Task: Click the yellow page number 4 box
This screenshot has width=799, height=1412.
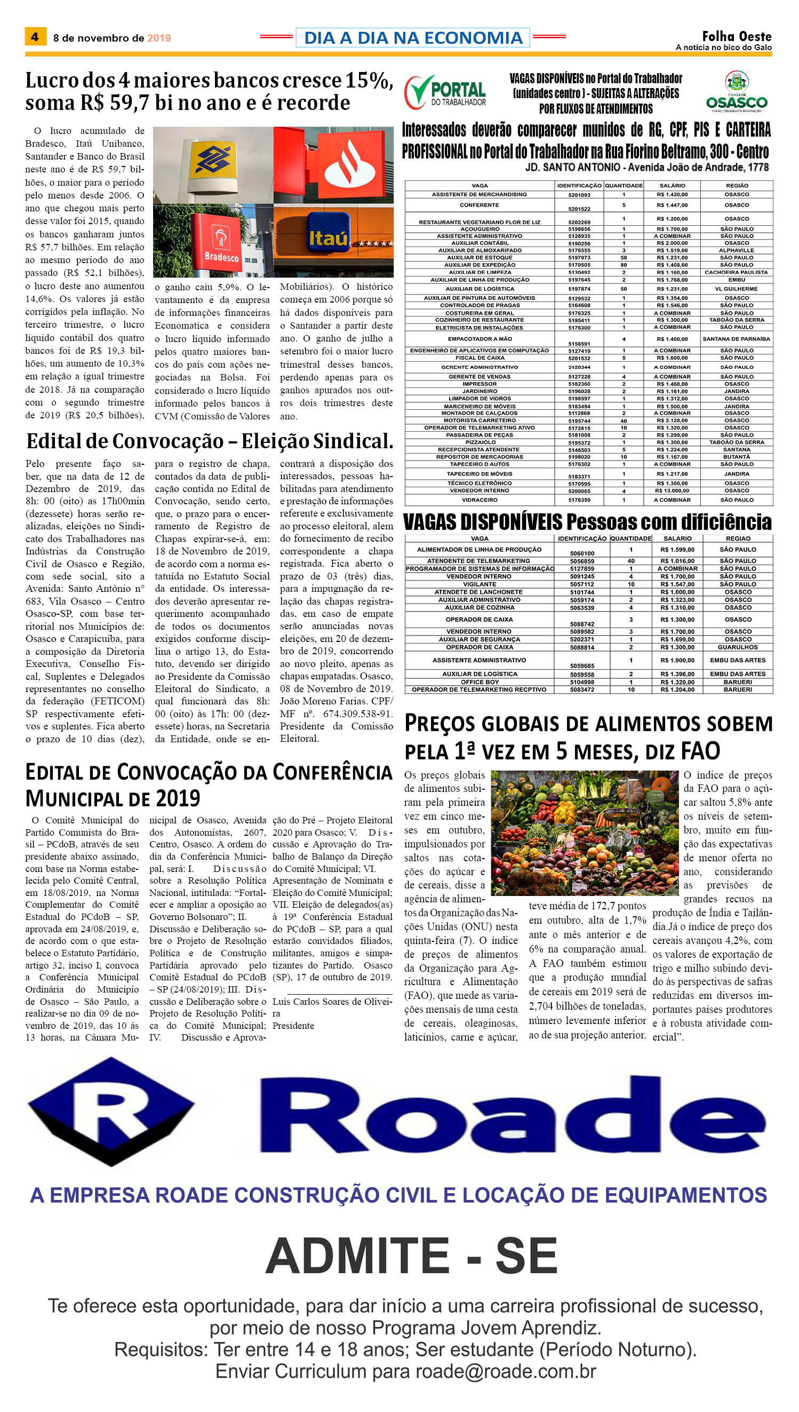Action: click(x=35, y=37)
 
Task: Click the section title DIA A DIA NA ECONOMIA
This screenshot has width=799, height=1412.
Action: click(x=413, y=38)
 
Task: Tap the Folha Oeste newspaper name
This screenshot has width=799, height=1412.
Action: click(x=737, y=37)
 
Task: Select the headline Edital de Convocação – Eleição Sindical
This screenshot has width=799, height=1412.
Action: click(x=210, y=441)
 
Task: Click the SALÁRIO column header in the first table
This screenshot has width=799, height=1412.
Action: click(x=672, y=186)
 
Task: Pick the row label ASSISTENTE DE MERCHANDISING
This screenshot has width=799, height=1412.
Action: click(x=479, y=194)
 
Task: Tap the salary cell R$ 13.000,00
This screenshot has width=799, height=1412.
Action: click(x=672, y=491)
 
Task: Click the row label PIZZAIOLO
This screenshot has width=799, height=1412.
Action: click(x=480, y=442)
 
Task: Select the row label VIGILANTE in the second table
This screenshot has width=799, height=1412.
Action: click(x=479, y=584)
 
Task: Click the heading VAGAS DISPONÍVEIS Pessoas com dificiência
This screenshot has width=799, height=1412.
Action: click(x=587, y=521)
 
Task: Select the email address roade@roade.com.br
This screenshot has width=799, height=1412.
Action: click(x=506, y=1371)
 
